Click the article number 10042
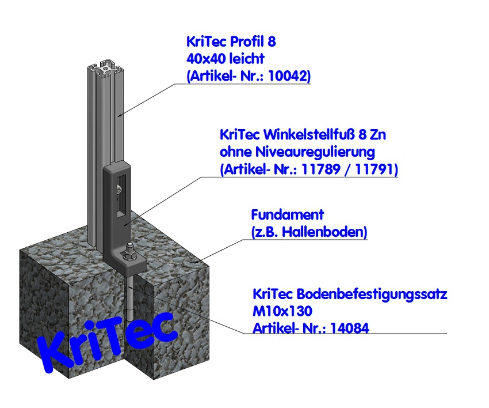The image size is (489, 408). pos(291,75)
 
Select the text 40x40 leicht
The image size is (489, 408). pos(225,59)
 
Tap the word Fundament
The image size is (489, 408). pos(288,215)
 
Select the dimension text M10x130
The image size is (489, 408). pos(282,312)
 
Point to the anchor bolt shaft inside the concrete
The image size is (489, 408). pos(131,300)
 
